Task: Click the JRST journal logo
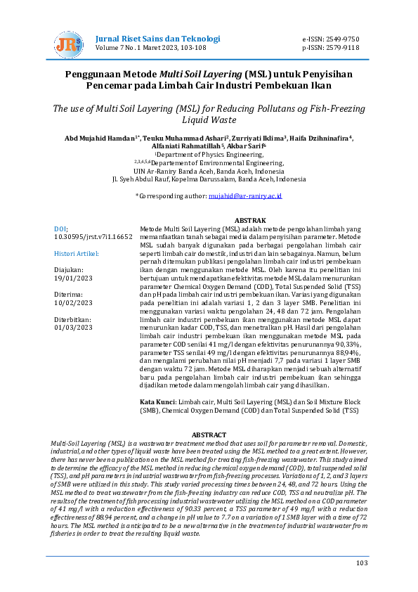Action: [x=68, y=44]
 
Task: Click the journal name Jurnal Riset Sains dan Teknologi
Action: [x=149, y=38]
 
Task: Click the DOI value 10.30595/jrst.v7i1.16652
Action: [x=93, y=238]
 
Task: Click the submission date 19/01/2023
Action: [x=73, y=278]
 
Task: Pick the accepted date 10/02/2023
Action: [x=73, y=303]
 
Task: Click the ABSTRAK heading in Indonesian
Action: [x=249, y=220]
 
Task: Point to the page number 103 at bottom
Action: [x=362, y=562]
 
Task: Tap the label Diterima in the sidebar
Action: [x=70, y=295]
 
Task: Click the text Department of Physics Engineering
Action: [x=210, y=154]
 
